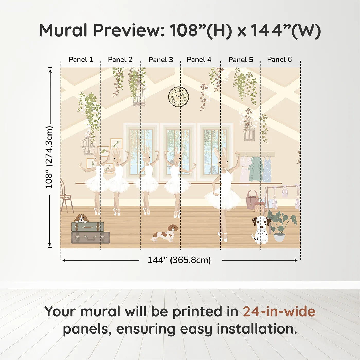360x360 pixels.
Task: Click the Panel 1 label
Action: (x=81, y=59)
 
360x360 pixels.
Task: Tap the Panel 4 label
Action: (x=199, y=59)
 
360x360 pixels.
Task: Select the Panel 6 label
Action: (x=279, y=59)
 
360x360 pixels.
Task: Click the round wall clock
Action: (x=179, y=97)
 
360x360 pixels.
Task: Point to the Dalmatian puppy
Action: (x=260, y=230)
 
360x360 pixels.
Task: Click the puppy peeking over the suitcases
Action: (x=81, y=218)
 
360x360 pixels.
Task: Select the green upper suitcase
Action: (x=88, y=227)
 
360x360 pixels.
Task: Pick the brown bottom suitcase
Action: (x=91, y=237)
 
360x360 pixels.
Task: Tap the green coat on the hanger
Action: (x=256, y=169)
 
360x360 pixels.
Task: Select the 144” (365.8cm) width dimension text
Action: (x=179, y=260)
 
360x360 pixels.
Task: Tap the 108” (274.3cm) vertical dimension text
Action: (x=49, y=157)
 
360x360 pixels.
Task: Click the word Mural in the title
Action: (x=64, y=30)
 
